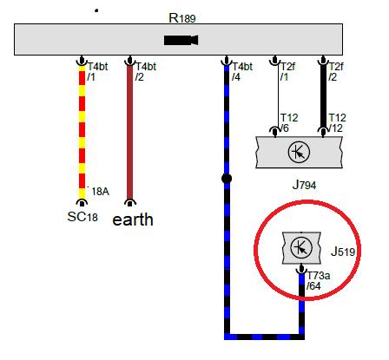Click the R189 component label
point(182,18)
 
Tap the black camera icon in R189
point(181,40)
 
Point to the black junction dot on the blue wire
point(227,179)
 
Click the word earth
point(133,219)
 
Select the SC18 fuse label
point(82,217)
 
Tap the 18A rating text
point(100,192)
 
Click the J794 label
point(304,185)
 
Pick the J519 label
point(343,252)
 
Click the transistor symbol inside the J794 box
point(299,152)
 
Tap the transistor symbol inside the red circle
point(301,248)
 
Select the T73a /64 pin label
point(318,281)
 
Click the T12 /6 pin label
point(288,123)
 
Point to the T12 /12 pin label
point(337,123)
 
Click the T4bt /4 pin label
point(242,72)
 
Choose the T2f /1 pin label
point(287,72)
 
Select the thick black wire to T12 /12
point(323,96)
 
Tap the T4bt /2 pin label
point(146,72)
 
